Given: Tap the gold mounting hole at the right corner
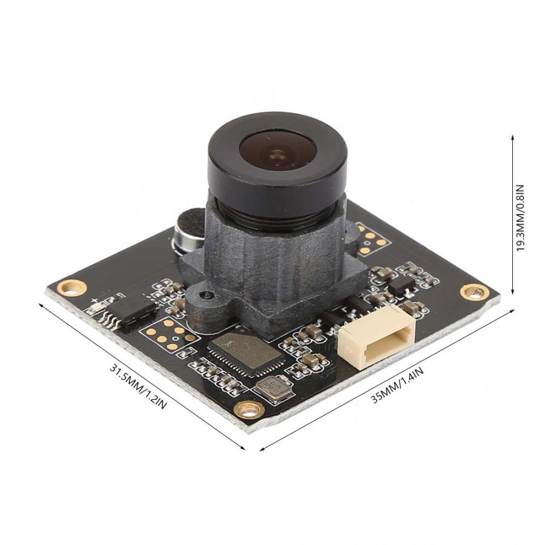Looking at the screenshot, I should pos(472,291).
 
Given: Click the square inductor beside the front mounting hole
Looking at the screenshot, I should pos(274,388).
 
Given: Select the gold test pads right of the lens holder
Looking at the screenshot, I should pos(371,238).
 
